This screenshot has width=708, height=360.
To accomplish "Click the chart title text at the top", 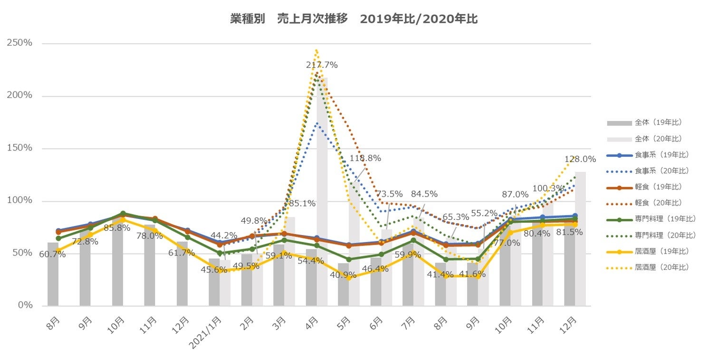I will [x=354, y=19].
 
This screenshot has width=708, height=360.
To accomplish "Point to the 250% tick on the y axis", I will [x=19, y=43].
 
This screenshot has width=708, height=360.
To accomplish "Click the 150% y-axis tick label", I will [x=19, y=148].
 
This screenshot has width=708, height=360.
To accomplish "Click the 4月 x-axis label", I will [x=312, y=323].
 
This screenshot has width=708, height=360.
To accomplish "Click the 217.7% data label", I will [x=322, y=65].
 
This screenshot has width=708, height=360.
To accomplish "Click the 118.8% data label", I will [x=365, y=158].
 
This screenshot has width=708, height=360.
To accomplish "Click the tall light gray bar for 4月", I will [x=322, y=190].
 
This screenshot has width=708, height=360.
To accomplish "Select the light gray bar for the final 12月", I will [x=580, y=237].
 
